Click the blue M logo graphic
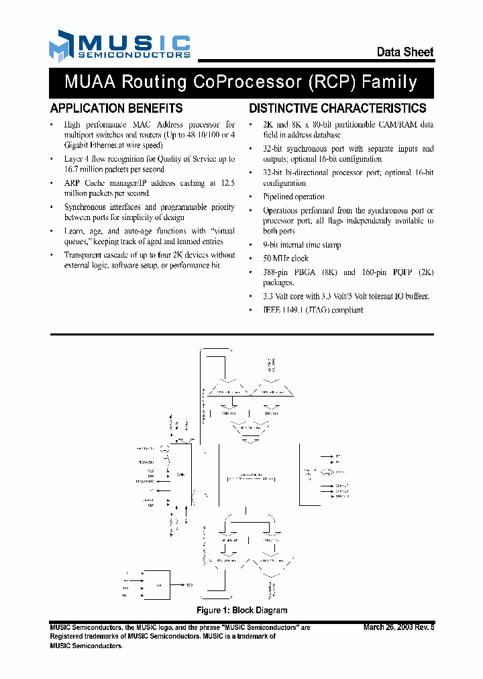(60, 46)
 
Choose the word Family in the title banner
(390, 83)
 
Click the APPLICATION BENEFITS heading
(116, 108)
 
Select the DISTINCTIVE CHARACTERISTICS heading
(337, 108)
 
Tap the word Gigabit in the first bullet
(80, 145)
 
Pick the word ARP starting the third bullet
(72, 182)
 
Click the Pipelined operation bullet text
(294, 197)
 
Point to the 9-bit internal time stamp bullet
(302, 245)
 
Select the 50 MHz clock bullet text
(285, 258)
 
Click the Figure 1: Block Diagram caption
(241, 610)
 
